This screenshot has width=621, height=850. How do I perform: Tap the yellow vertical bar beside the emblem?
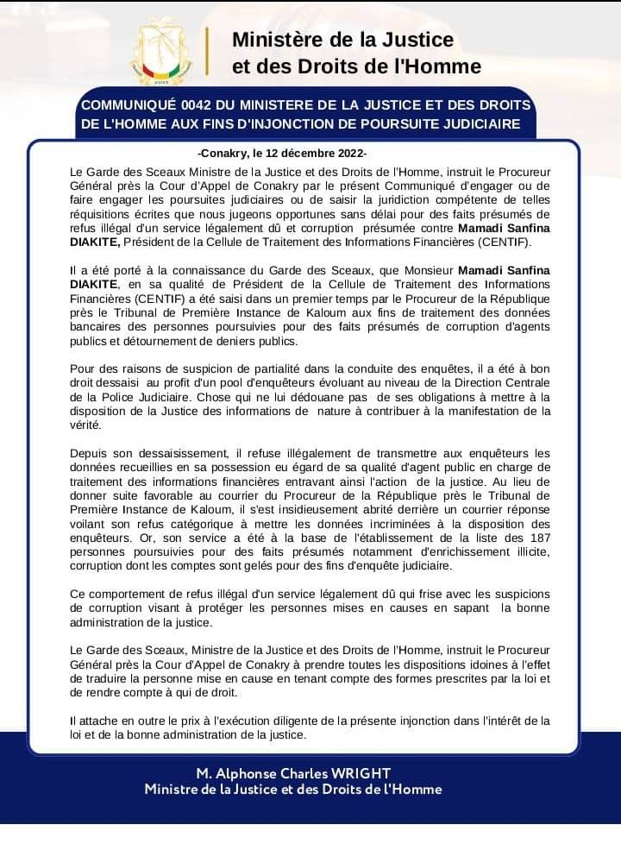[207, 51]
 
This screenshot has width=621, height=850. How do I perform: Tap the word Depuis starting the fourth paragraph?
[89, 453]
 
